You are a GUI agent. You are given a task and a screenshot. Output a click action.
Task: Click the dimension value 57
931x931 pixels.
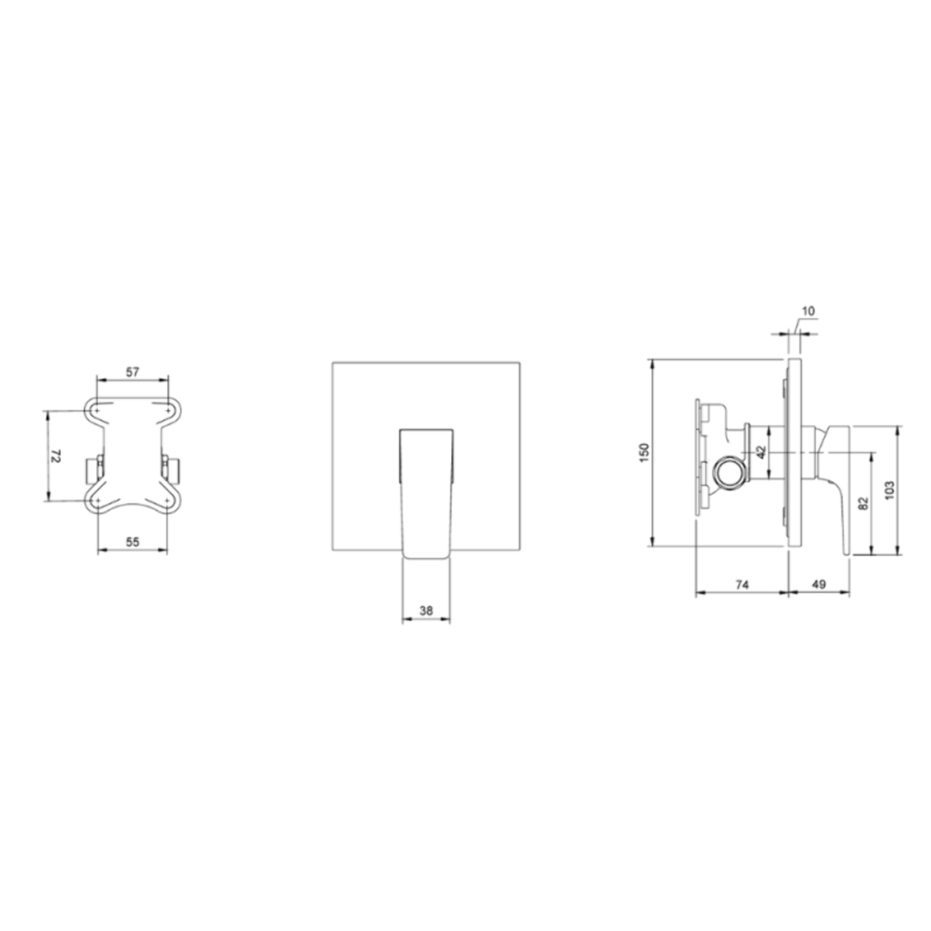[x=133, y=372]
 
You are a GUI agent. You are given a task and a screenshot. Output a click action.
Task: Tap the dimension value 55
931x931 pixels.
[x=133, y=542]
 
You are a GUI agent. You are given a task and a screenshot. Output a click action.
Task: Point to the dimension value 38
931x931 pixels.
[x=426, y=611]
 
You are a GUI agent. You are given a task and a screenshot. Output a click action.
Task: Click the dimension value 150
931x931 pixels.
[x=645, y=453]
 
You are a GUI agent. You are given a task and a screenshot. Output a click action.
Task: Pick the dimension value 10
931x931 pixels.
[x=809, y=311]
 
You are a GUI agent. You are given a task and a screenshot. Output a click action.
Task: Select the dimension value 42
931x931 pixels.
[x=761, y=452]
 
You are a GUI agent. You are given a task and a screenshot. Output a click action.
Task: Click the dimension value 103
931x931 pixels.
[x=890, y=490]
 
